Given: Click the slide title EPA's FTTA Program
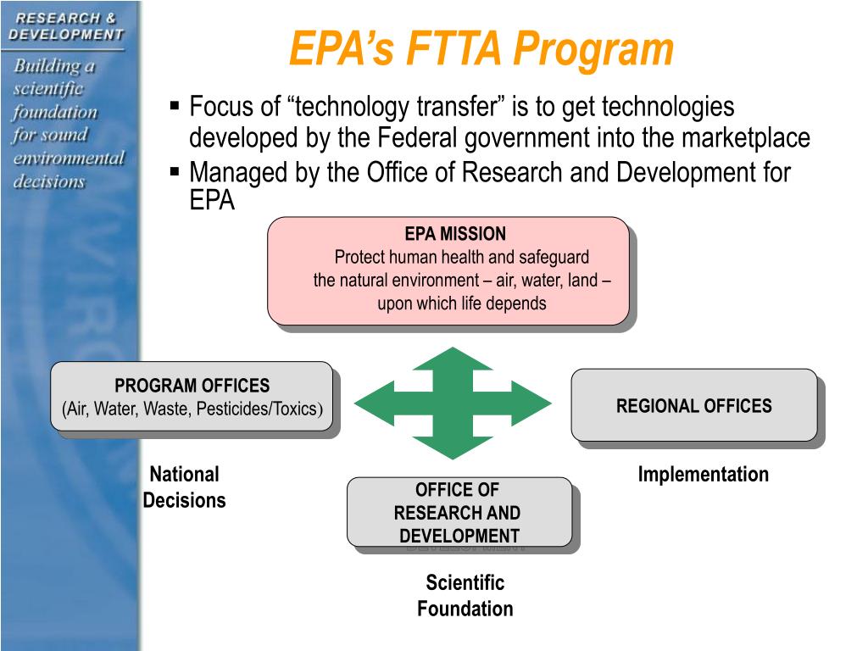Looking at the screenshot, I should (481, 49).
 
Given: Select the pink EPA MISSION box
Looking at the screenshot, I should (448, 270).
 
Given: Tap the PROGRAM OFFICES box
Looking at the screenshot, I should (192, 396).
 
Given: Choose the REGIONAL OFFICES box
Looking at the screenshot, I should (693, 405).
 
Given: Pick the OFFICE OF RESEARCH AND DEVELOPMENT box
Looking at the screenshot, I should (459, 512).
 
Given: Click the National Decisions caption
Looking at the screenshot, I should (184, 487).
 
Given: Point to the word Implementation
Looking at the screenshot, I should (703, 475).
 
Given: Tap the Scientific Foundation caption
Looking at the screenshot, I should (465, 595).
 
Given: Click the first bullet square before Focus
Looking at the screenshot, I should (175, 107).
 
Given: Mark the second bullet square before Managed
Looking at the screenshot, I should (175, 172).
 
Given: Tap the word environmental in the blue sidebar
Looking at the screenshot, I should (68, 159).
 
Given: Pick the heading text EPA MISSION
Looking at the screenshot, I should (455, 234).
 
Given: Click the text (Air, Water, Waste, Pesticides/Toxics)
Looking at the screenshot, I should (192, 409).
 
